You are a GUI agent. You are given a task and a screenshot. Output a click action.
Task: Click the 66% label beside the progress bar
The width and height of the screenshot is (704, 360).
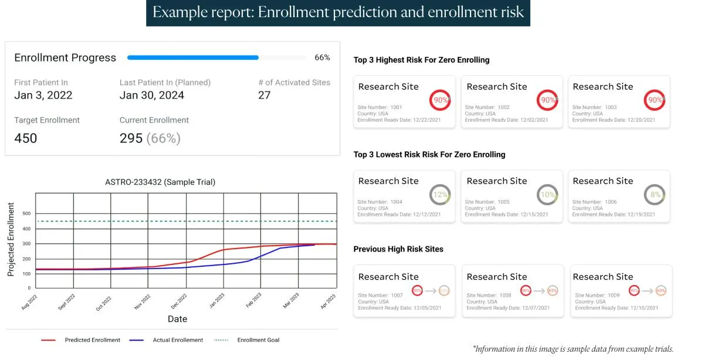coord(322,57)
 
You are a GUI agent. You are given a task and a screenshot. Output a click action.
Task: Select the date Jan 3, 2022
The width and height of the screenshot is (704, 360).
coord(43,96)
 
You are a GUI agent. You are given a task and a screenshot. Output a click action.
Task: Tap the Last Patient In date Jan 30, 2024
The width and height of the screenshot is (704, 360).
coord(152,96)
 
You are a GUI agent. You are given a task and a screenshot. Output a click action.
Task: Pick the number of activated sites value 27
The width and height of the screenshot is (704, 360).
coord(264,96)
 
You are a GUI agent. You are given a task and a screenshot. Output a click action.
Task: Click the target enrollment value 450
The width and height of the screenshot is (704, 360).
coord(25,138)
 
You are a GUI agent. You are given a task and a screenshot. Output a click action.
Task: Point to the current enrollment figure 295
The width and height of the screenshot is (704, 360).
coord(131,138)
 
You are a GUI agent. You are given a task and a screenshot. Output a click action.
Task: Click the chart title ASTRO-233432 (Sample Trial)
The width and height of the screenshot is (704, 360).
coord(160,182)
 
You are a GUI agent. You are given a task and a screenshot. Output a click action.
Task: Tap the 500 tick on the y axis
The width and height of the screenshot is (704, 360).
coord(26,213)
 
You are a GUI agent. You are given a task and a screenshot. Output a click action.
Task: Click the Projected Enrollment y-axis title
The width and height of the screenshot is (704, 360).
coord(11,239)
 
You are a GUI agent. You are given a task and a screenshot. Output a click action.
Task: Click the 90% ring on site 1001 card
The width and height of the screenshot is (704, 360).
coord(440,100)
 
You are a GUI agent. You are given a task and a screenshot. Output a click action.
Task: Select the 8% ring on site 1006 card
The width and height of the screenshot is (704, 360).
coord(655,195)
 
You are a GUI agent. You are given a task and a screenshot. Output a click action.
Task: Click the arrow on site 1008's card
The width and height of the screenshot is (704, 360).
coord(537,290)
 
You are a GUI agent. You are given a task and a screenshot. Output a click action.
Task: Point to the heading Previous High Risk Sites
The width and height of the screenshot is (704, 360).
coord(398,249)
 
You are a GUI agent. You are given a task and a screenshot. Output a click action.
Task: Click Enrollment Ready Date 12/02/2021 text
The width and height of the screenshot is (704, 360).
coord(506,120)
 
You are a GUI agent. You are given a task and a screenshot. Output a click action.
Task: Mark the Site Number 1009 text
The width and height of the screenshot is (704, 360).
coord(597,296)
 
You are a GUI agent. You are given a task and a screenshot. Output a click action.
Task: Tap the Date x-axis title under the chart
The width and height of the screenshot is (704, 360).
coord(177,319)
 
